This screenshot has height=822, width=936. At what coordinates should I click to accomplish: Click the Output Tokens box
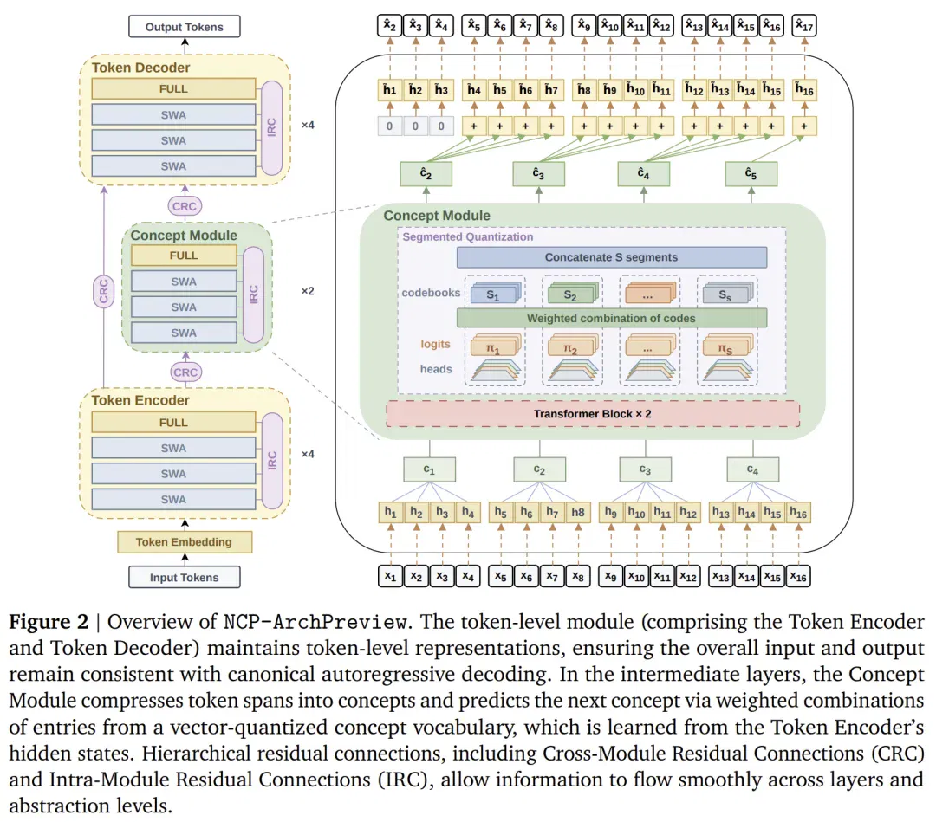pyautogui.click(x=185, y=27)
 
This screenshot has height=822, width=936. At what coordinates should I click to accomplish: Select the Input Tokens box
pyautogui.click(x=185, y=578)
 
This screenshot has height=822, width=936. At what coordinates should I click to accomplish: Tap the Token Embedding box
pyautogui.click(x=185, y=542)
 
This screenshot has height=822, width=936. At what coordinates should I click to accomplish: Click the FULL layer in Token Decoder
pyautogui.click(x=173, y=89)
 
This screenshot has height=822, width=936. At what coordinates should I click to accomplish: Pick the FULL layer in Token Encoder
pyautogui.click(x=173, y=423)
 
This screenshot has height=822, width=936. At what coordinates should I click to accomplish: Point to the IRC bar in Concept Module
pyautogui.click(x=254, y=294)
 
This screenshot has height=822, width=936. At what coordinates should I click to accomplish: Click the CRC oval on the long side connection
pyautogui.click(x=104, y=292)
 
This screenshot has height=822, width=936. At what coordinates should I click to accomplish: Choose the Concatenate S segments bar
pyautogui.click(x=612, y=257)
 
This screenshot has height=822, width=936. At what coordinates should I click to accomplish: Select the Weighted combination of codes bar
pyautogui.click(x=612, y=319)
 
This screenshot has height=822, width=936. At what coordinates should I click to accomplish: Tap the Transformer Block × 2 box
pyautogui.click(x=593, y=414)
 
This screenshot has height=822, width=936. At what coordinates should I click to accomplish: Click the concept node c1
pyautogui.click(x=429, y=469)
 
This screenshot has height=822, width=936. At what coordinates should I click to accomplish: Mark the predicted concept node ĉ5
pyautogui.click(x=751, y=174)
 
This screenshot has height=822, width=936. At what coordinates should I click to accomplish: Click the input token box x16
pyautogui.click(x=798, y=577)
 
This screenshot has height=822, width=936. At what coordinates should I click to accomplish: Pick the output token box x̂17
pyautogui.click(x=804, y=26)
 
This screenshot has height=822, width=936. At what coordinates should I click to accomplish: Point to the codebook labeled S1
pyautogui.click(x=494, y=294)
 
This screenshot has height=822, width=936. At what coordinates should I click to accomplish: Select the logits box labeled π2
pyautogui.click(x=571, y=347)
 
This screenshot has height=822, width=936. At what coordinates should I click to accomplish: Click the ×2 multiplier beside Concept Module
pyautogui.click(x=308, y=291)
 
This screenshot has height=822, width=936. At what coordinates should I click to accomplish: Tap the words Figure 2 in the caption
pyautogui.click(x=49, y=622)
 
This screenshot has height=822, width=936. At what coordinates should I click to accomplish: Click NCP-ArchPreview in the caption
pyautogui.click(x=315, y=622)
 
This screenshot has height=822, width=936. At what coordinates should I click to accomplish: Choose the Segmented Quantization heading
pyautogui.click(x=467, y=236)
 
